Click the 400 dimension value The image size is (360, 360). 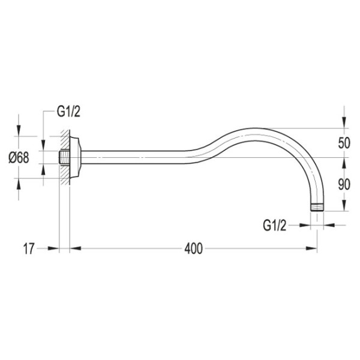[194, 248]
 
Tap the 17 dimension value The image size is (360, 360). [29, 248]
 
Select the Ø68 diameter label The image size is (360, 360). [19, 158]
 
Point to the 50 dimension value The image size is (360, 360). [344, 143]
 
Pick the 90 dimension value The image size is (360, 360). [344, 184]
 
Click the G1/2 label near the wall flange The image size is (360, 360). [68, 112]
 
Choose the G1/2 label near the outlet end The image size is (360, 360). [275, 225]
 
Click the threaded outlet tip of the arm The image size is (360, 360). [317, 208]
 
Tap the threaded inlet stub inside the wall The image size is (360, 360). [65, 157]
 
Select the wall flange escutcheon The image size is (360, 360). [76, 157]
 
